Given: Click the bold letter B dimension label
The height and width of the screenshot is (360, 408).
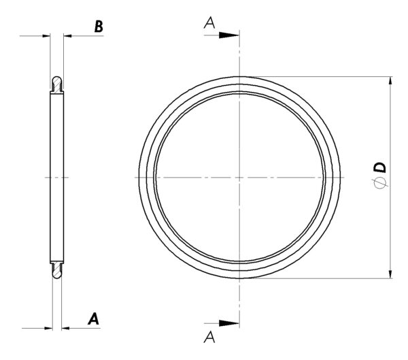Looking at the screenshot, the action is pyautogui.click(x=99, y=27).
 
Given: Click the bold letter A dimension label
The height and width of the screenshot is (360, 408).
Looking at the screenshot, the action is pyautogui.click(x=94, y=319).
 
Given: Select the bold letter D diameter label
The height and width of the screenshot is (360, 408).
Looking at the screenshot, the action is pyautogui.click(x=380, y=167).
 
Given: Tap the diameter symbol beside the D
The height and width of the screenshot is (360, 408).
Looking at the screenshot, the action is pyautogui.click(x=380, y=182).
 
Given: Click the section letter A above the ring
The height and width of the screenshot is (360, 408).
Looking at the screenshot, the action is pyautogui.click(x=209, y=22).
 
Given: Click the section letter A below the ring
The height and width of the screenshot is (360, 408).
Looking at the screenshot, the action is pyautogui.click(x=209, y=337).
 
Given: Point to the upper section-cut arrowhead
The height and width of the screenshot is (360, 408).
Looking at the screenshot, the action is pyautogui.click(x=229, y=35).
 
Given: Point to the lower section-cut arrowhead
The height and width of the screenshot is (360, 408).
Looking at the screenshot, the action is pyautogui.click(x=229, y=323).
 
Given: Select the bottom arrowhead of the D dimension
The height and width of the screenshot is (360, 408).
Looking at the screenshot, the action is pyautogui.click(x=390, y=274).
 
